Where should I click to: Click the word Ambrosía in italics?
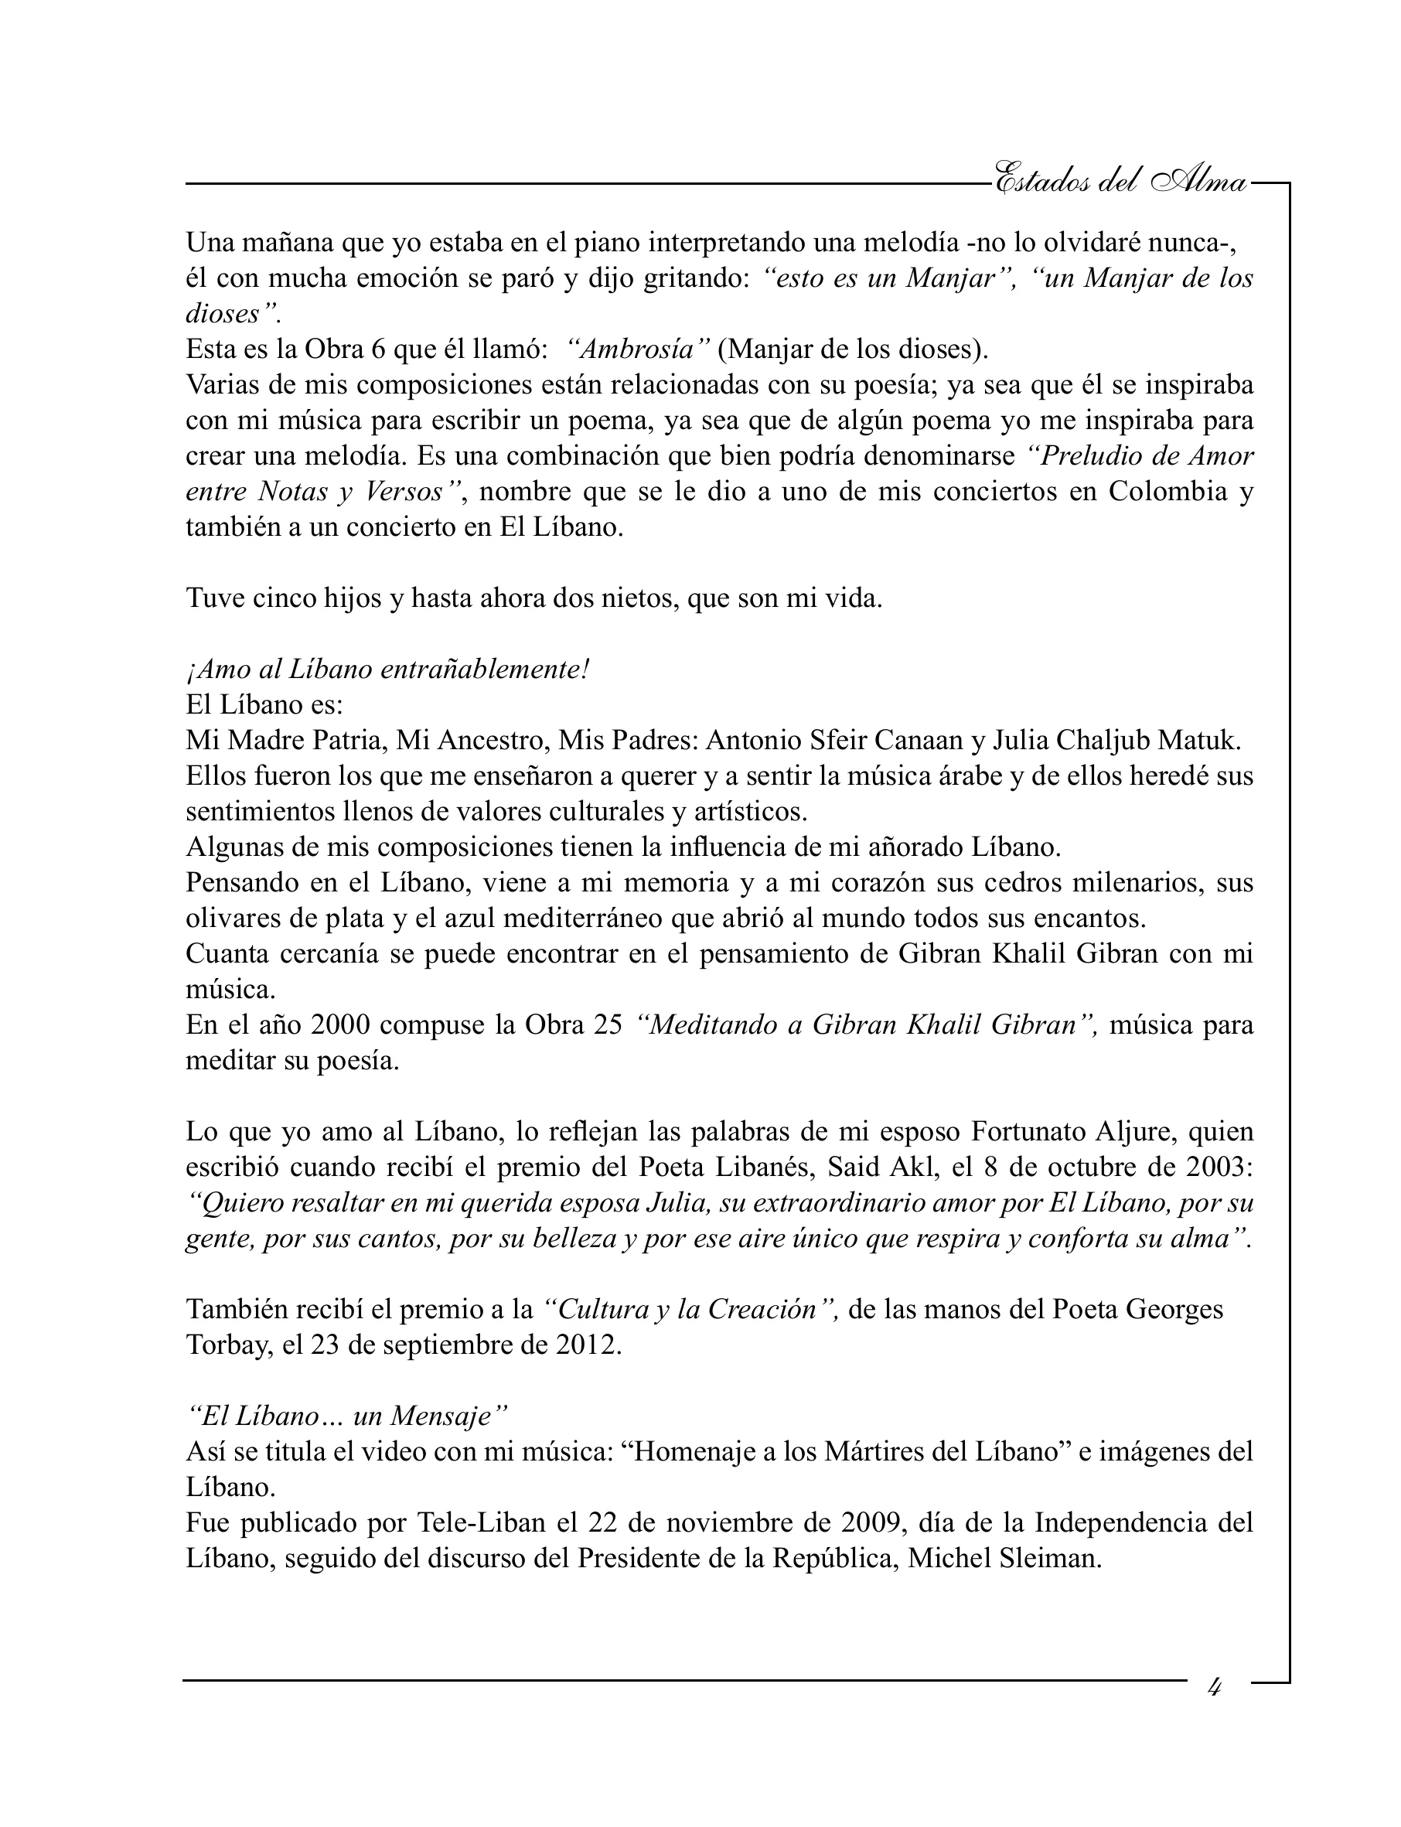click(x=638, y=349)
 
